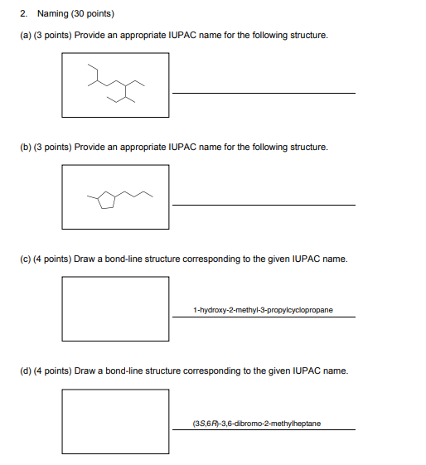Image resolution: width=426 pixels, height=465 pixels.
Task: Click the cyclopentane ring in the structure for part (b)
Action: [x=105, y=201]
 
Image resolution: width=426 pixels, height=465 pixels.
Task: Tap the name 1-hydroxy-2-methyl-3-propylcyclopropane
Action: [x=263, y=310]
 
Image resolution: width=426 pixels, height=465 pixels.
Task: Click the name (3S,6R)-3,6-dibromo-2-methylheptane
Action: [x=256, y=424]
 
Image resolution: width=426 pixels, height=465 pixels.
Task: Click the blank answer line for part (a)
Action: [x=264, y=92]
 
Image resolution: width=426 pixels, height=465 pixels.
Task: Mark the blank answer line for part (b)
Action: [x=264, y=203]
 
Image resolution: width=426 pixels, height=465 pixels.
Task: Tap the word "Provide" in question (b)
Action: [x=113, y=147]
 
